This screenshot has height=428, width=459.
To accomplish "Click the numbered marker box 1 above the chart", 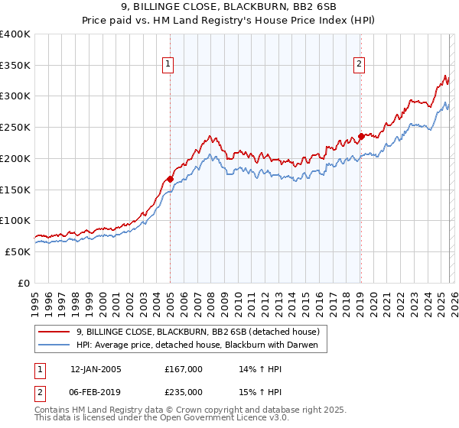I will click(x=168, y=65).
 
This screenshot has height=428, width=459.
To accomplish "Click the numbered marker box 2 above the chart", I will click(x=359, y=65).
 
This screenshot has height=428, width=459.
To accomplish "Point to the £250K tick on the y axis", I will click(x=15, y=128).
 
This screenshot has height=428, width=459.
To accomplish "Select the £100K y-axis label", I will click(x=15, y=221).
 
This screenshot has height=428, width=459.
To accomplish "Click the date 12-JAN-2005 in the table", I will click(x=96, y=369).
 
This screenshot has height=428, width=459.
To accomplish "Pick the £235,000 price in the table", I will click(x=184, y=391).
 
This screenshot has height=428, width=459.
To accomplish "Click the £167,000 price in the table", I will click(x=184, y=369).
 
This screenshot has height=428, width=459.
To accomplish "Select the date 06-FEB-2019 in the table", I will click(x=96, y=391).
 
